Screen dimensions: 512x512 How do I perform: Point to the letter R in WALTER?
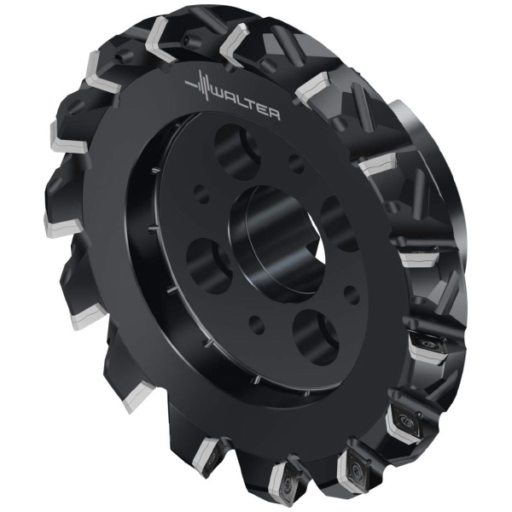(x=274, y=114)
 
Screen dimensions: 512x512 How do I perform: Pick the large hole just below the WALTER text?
(x=236, y=151)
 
